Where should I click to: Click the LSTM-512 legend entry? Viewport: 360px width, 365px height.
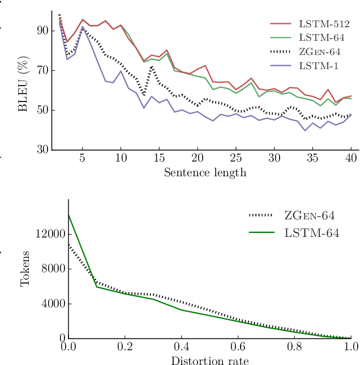325,24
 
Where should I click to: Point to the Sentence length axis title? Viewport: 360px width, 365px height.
205,172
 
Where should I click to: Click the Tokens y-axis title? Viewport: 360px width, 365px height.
25,269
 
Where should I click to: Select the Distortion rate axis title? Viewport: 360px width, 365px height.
209,360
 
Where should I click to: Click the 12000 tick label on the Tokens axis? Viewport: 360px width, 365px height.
50,234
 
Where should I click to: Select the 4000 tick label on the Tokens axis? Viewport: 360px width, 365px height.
53,304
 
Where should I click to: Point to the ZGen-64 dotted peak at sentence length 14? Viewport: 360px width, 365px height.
152,66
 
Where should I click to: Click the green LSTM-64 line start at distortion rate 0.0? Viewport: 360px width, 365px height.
68,215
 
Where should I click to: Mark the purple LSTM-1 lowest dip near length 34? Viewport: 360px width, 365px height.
305,130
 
